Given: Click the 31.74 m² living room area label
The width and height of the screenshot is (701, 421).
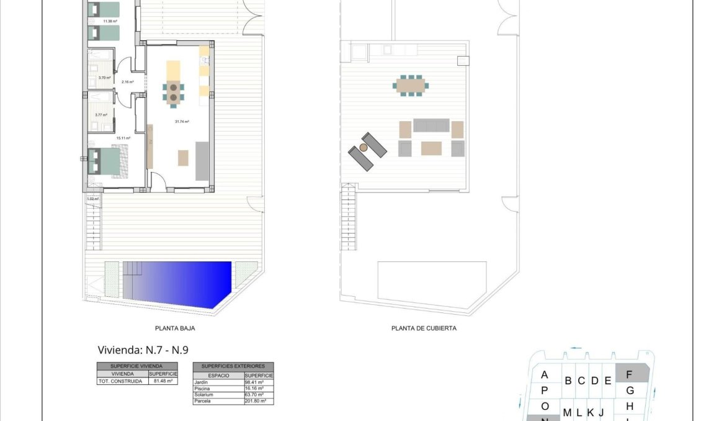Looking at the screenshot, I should [182, 122].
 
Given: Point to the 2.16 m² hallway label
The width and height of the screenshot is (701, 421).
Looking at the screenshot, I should [128, 82].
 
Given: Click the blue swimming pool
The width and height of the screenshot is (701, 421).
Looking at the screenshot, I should [180, 283].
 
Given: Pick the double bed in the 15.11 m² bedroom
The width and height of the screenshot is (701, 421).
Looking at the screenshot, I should [107, 161].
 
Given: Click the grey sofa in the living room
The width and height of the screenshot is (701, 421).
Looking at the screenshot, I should [202, 161].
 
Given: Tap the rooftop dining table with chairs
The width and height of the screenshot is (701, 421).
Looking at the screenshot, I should [411, 84].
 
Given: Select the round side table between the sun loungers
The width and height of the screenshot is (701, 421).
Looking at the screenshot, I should [362, 148].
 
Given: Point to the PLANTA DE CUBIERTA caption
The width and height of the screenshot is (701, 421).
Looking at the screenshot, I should [424, 328].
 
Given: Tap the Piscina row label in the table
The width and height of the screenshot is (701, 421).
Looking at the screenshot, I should [203, 389].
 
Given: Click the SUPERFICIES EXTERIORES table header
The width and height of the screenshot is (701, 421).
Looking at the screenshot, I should [233, 366].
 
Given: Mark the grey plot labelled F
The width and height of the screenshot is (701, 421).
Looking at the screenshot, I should [630, 374].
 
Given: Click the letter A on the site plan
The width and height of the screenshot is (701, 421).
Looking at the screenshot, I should [545, 375].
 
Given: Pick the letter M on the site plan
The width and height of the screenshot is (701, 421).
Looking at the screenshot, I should [567, 412].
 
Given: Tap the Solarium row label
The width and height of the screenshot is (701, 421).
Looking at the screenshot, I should [204, 395].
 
